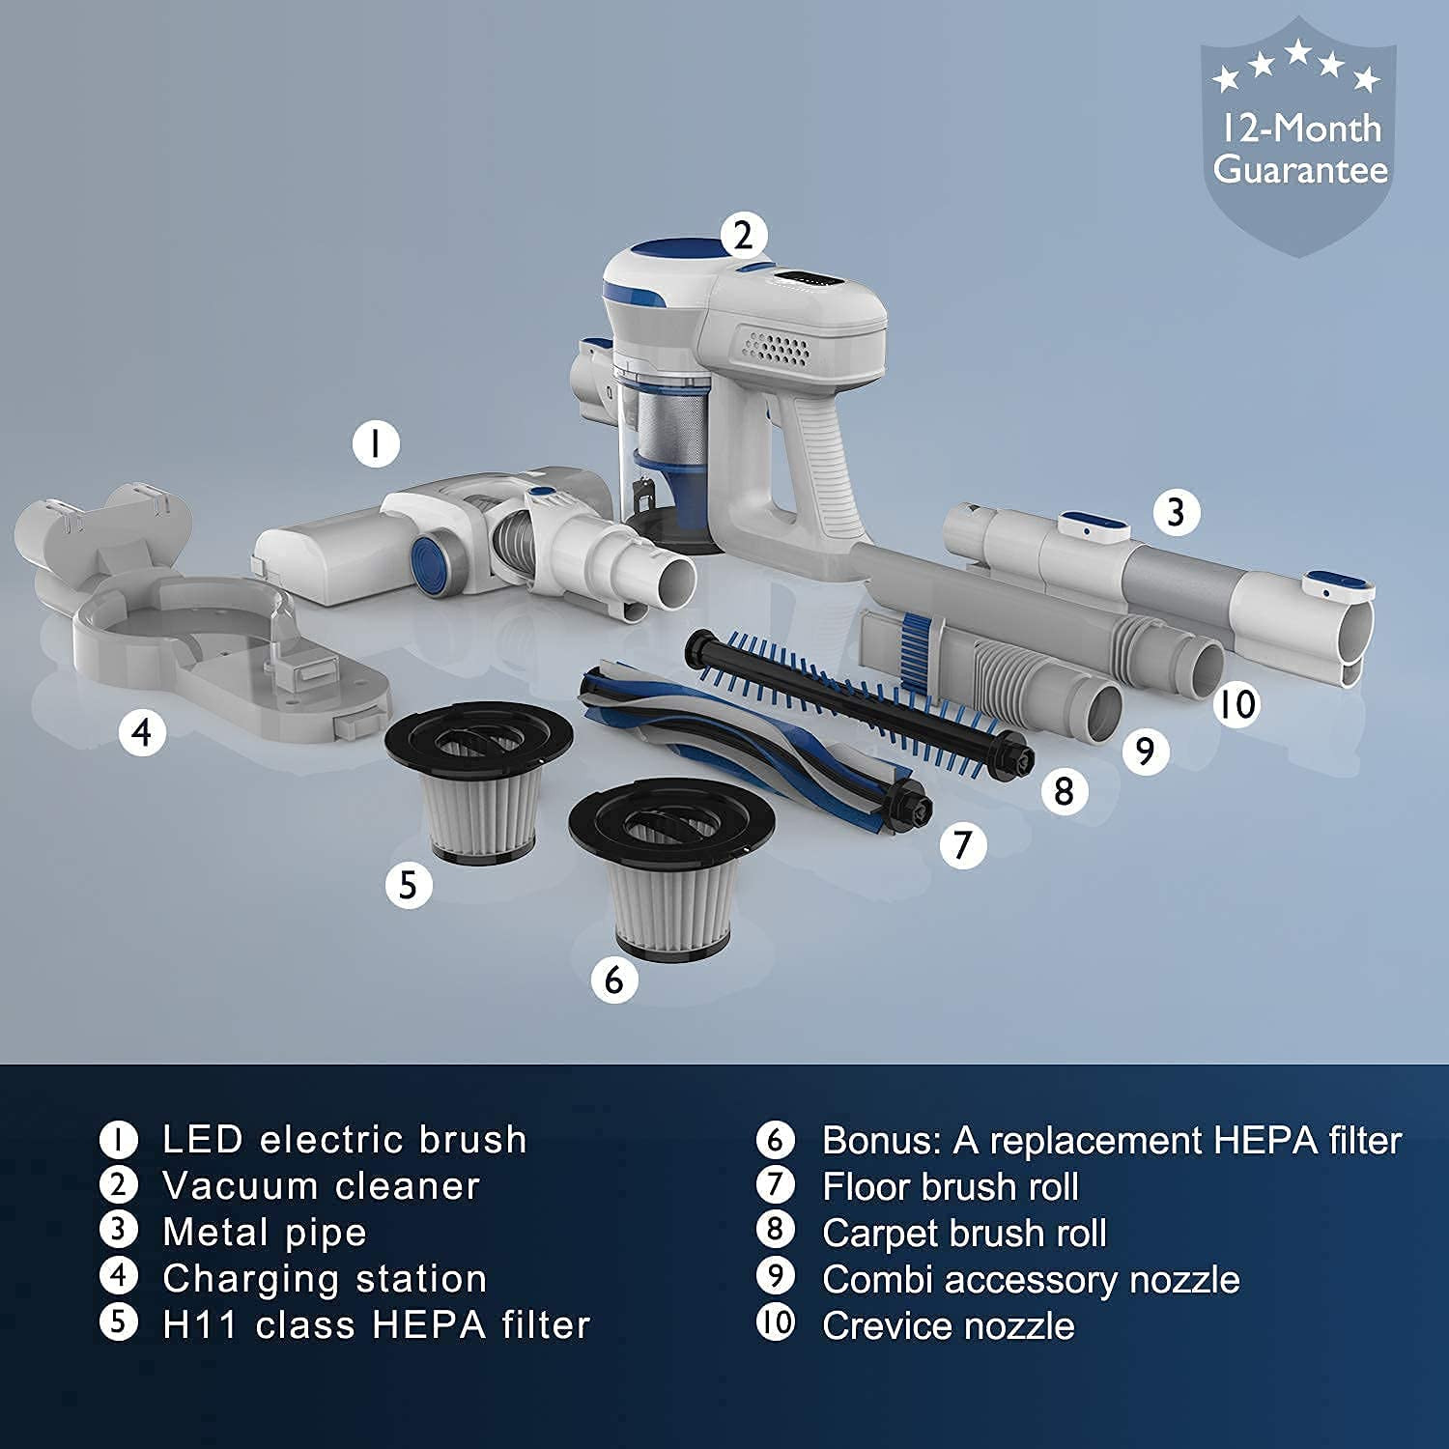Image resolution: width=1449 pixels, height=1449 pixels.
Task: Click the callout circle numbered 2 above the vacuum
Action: [743, 236]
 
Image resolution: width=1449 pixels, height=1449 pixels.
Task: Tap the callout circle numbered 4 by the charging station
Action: [142, 733]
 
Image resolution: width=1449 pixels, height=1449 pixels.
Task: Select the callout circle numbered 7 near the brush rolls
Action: [962, 844]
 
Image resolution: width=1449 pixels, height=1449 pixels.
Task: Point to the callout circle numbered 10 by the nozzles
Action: [1237, 703]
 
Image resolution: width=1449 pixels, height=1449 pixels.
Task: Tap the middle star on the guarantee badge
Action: [1297, 52]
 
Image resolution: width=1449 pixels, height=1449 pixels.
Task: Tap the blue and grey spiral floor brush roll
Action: [753, 744]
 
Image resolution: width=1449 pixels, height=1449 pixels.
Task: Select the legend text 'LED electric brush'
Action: [345, 1140]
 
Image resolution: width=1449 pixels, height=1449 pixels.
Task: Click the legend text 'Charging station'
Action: [325, 1279]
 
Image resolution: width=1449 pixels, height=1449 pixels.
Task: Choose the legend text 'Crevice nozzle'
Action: [948, 1325]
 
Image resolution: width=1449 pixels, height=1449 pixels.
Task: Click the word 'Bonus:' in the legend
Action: [882, 1141]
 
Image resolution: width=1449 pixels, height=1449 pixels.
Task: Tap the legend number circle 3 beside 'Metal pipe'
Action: [118, 1230]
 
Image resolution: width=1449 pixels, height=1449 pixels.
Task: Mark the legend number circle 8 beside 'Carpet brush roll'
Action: [775, 1230]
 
